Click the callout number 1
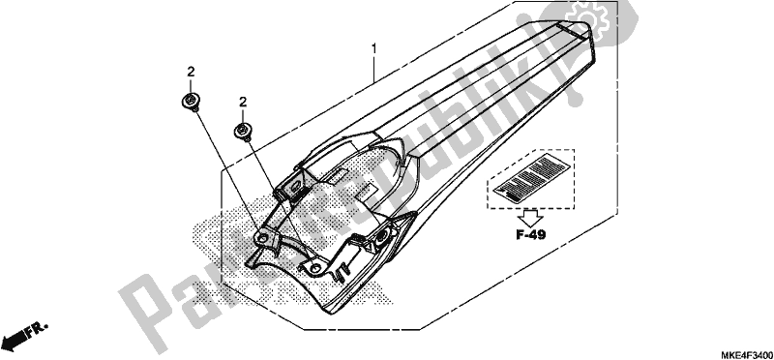click(x=373, y=48)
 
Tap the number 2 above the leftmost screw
click(x=191, y=72)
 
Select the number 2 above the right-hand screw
click(x=243, y=102)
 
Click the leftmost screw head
click(x=190, y=102)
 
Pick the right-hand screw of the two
click(x=243, y=132)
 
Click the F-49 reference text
click(x=530, y=235)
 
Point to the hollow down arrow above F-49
click(x=530, y=218)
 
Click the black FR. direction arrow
click(x=15, y=340)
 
